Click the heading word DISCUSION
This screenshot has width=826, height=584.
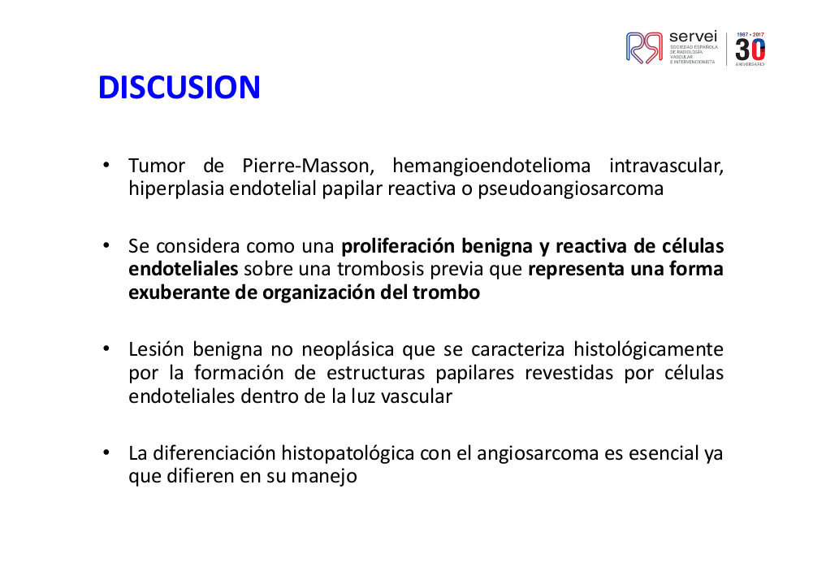[x=179, y=87]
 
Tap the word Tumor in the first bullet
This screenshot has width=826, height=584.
[x=157, y=166]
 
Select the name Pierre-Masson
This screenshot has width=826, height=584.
[x=308, y=166]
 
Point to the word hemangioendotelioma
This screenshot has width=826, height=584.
[x=491, y=166]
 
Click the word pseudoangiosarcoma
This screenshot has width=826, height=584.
[x=570, y=189]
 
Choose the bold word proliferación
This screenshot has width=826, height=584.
[x=398, y=246]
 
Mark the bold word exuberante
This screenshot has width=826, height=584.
[x=179, y=292]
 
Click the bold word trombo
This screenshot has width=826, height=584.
[x=446, y=292]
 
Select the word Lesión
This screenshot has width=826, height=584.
[x=156, y=349]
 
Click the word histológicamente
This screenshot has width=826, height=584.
[x=648, y=349]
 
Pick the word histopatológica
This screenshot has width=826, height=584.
[x=348, y=453]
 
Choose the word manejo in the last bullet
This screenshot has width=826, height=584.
[x=324, y=477]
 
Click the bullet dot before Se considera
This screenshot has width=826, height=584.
[x=106, y=245]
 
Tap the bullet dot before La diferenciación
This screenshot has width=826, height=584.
[x=106, y=452]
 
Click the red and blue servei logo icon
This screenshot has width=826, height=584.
[x=644, y=48]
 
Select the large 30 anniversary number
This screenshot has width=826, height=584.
[x=750, y=50]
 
